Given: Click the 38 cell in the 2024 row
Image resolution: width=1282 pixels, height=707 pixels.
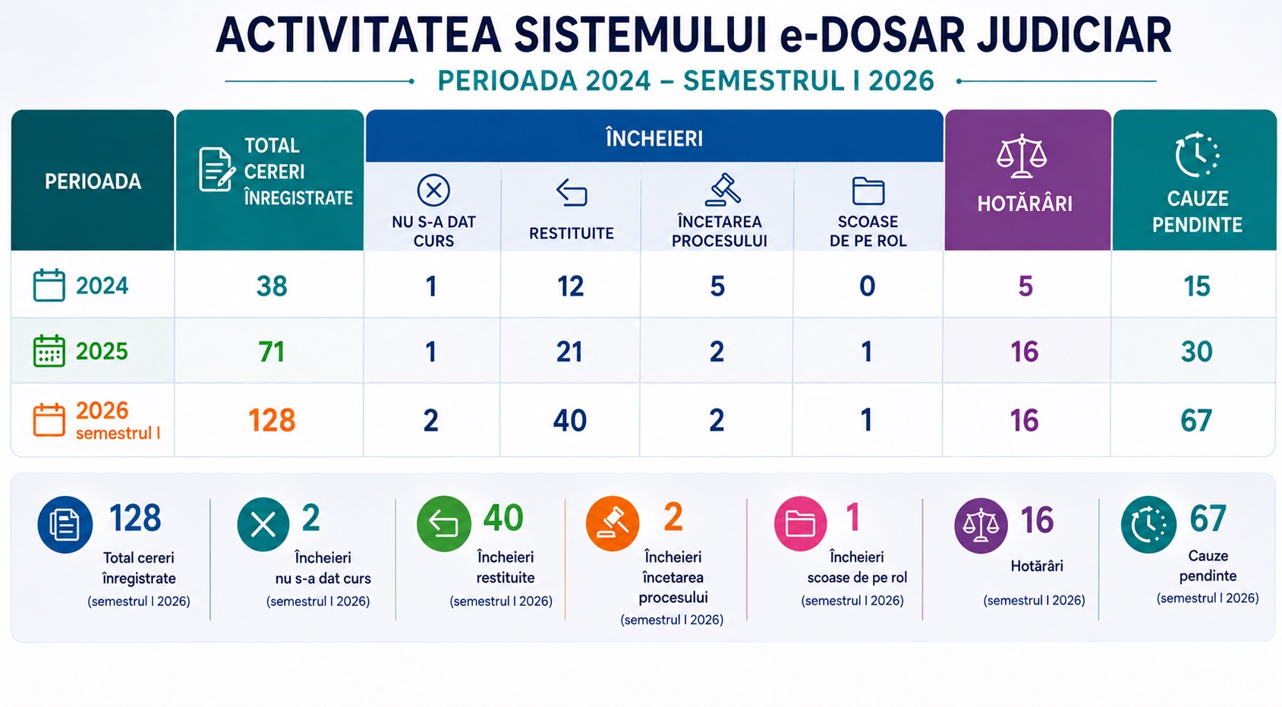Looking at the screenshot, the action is click(271, 286).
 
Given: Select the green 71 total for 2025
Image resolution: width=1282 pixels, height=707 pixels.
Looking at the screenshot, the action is click(271, 352).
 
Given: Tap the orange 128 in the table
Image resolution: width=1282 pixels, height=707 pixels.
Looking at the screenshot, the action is click(271, 420).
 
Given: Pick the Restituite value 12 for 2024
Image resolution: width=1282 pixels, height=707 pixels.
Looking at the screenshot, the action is click(570, 286).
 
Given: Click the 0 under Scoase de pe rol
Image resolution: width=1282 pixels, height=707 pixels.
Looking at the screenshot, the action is click(867, 286).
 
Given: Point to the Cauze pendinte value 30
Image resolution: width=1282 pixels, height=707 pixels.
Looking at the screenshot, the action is click(1197, 352).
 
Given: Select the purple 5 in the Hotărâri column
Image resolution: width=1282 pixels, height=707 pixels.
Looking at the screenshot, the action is click(1025, 286).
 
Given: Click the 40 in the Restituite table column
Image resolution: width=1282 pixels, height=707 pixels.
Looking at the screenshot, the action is click(569, 420).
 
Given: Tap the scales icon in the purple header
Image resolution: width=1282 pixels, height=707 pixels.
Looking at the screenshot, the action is click(1022, 156).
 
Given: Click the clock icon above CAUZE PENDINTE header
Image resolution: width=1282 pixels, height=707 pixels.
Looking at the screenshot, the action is click(1197, 155).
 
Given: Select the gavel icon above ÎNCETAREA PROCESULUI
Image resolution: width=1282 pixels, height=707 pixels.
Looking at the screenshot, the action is click(723, 190).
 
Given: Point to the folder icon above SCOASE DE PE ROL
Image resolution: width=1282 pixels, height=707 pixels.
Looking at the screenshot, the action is click(868, 191).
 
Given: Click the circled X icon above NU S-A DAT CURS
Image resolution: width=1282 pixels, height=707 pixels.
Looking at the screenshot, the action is click(433, 190).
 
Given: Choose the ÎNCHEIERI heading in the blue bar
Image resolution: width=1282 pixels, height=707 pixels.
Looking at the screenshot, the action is click(654, 138).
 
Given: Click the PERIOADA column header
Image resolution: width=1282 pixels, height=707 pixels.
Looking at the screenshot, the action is click(93, 181).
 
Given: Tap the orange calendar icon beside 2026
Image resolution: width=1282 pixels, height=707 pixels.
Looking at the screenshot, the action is click(49, 420).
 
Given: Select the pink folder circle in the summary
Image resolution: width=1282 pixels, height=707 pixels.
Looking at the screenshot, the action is click(800, 523).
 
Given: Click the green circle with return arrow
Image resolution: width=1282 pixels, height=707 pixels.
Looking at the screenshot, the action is click(443, 523).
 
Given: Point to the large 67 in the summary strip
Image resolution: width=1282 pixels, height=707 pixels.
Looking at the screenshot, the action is click(1208, 518).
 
